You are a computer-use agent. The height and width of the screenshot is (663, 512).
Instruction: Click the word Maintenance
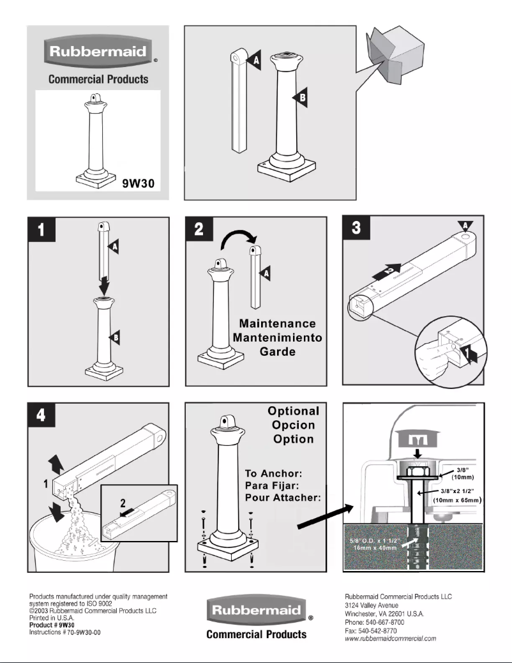point(277,324)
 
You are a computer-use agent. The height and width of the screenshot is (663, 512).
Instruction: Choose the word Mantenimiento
point(277,338)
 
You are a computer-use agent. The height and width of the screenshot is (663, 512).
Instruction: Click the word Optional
point(293,411)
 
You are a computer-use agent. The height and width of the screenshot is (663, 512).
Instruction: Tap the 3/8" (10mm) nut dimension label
point(460,473)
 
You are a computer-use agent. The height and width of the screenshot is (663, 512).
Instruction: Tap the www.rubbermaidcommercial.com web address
point(389,638)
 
